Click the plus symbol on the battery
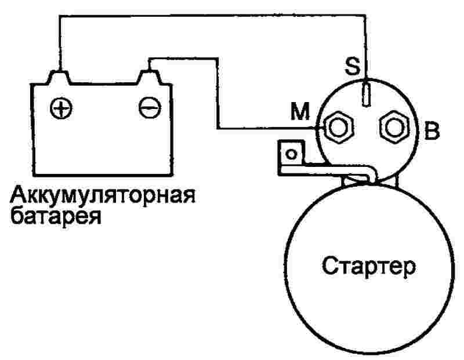click(x=61, y=108)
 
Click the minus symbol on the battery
click(x=150, y=108)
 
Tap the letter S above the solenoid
click(x=353, y=66)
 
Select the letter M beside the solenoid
click(x=300, y=111)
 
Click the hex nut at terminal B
click(x=394, y=128)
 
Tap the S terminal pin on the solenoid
click(x=367, y=93)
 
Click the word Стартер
click(x=369, y=266)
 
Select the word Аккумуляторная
click(x=103, y=195)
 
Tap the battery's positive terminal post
click(x=59, y=78)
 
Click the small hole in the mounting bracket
click(x=292, y=154)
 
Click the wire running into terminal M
click(x=218, y=93)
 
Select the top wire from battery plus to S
click(x=213, y=16)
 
